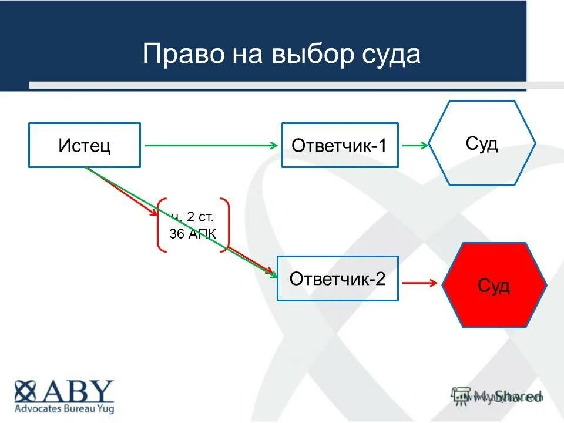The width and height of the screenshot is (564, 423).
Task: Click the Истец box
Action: (85, 145)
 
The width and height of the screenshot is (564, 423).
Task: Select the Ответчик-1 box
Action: (340, 145)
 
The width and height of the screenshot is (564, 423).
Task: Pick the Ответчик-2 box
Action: (337, 278)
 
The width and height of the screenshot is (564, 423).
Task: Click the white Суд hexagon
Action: (482, 143)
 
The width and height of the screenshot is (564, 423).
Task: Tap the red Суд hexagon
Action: (494, 285)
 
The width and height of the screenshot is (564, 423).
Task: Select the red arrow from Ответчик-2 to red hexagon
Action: (419, 283)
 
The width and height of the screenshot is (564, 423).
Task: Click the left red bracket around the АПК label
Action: (160, 225)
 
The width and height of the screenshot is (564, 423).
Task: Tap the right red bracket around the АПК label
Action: (225, 225)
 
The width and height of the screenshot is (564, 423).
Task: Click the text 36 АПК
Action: (193, 234)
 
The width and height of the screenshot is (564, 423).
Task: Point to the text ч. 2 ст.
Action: (193, 217)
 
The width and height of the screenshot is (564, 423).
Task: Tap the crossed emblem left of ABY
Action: (27, 391)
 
